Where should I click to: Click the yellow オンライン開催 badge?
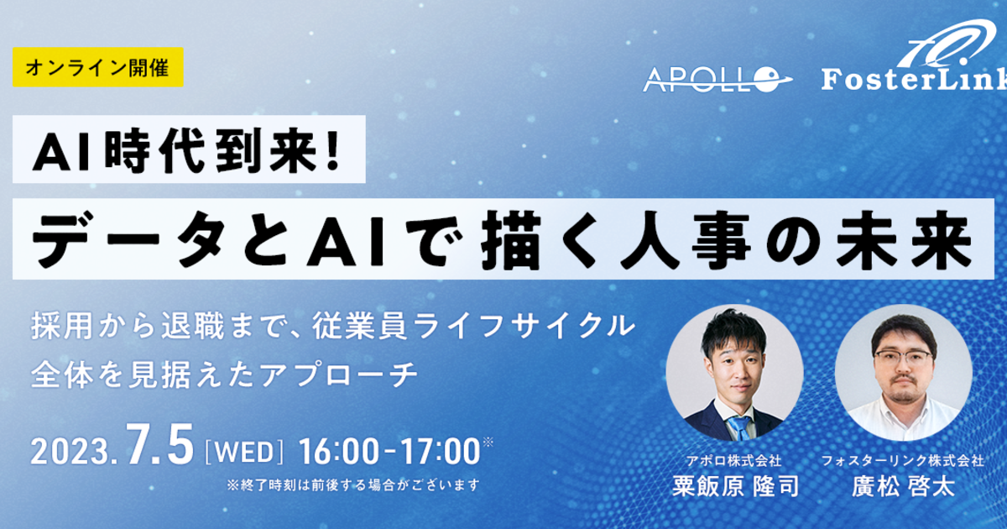click(98, 67)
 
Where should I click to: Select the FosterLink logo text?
click(914, 79)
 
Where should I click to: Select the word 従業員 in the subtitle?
click(359, 327)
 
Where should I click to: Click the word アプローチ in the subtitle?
click(339, 375)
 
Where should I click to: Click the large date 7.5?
click(159, 444)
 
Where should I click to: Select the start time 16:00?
click(338, 451)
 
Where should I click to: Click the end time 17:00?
click(440, 451)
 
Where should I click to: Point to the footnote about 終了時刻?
click(353, 485)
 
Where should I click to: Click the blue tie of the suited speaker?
click(740, 427)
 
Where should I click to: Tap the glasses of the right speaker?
click(904, 359)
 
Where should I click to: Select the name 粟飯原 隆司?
click(735, 487)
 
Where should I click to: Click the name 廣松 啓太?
click(903, 487)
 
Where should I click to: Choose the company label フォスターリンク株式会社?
click(903, 461)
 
